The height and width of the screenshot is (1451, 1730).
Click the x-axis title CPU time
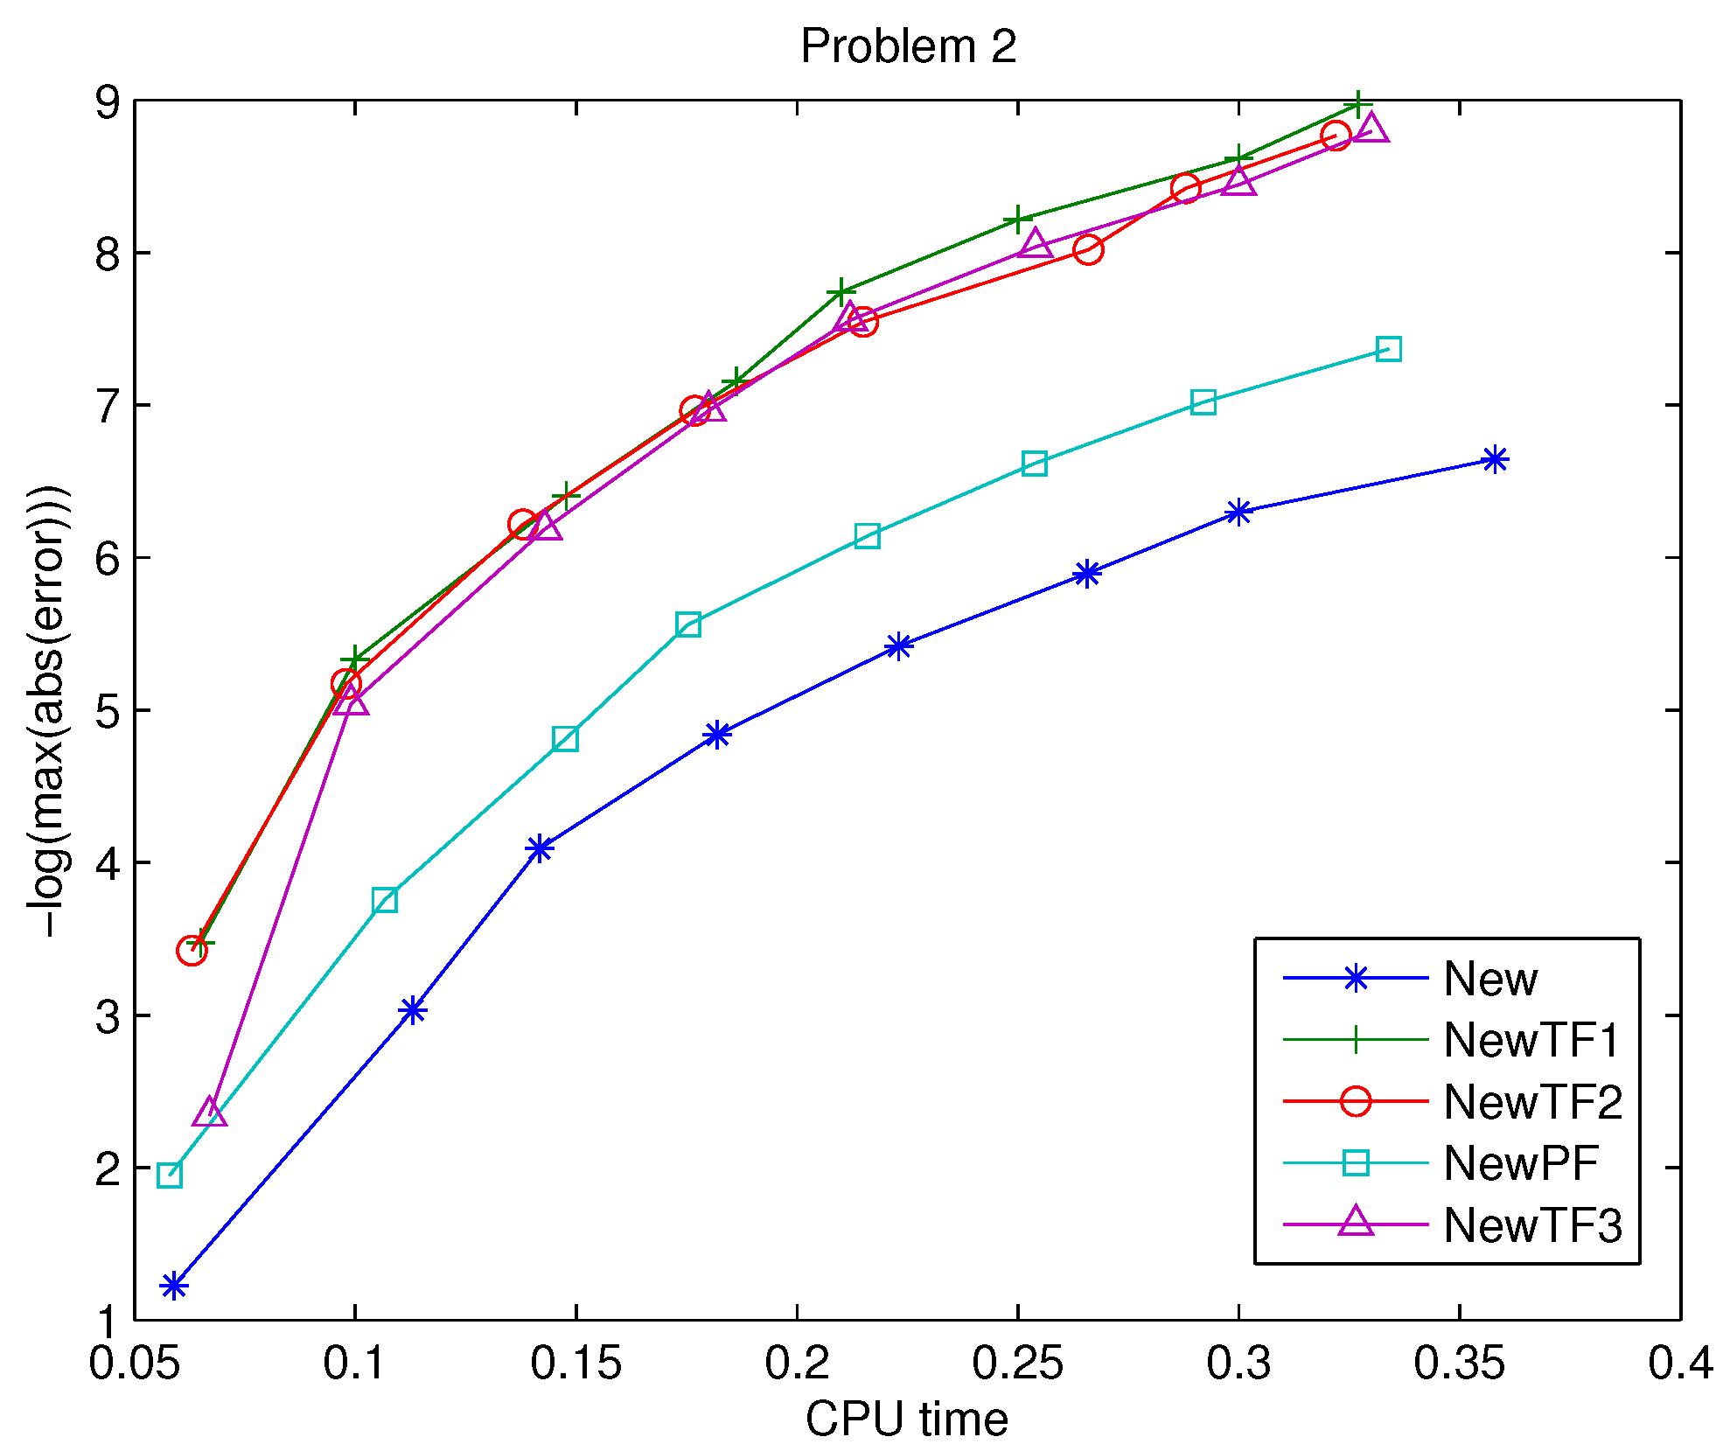(x=906, y=1419)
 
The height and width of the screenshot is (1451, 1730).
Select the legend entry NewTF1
(x=1531, y=1040)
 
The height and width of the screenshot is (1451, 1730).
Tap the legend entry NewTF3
(x=1531, y=1224)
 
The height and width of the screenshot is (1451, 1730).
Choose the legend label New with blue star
(x=1489, y=978)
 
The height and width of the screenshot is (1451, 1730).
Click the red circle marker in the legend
(x=1355, y=1101)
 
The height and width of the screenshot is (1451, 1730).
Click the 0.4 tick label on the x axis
(x=1680, y=1364)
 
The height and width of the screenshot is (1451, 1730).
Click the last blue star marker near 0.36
(x=1495, y=459)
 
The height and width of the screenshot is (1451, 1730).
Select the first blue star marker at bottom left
(x=174, y=1286)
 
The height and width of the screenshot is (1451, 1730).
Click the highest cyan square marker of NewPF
(x=1388, y=349)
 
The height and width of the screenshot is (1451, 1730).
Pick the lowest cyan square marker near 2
(x=170, y=1175)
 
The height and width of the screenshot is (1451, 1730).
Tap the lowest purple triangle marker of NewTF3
(x=210, y=1113)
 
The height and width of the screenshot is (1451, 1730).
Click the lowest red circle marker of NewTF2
(x=192, y=950)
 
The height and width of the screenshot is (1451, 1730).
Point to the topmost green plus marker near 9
(x=1357, y=104)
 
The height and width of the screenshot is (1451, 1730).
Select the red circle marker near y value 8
(x=1087, y=250)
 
